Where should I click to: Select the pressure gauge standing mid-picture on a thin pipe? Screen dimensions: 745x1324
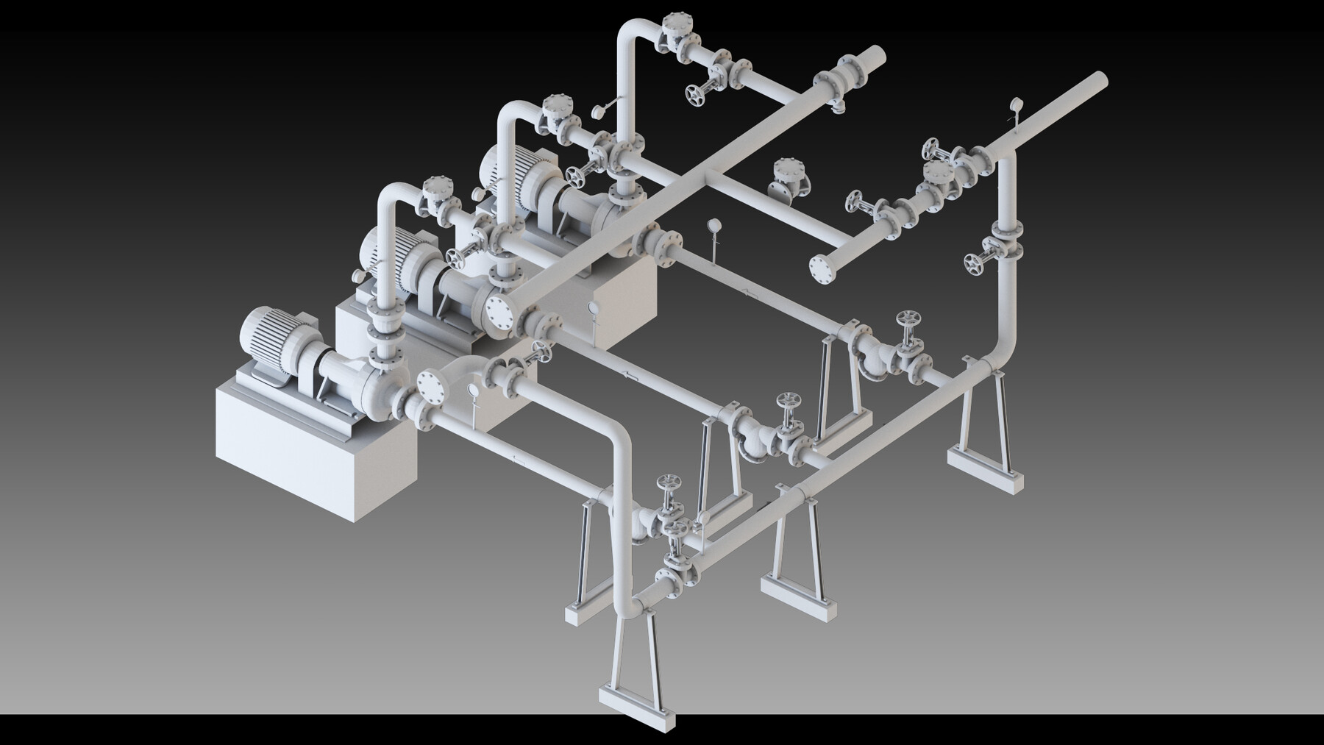pos(712,227)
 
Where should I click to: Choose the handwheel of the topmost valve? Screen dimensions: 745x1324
pos(693,93)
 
